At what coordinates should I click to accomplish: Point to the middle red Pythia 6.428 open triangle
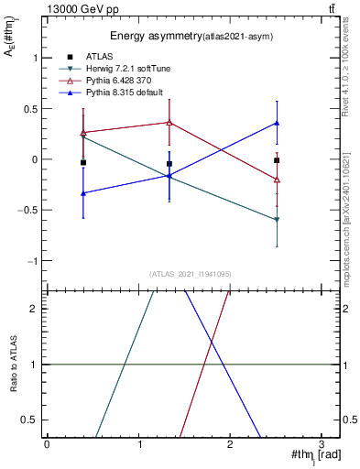tap(169, 122)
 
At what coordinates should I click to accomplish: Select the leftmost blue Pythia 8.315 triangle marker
tap(83, 193)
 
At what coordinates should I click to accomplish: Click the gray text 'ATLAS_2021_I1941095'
tap(191, 274)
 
